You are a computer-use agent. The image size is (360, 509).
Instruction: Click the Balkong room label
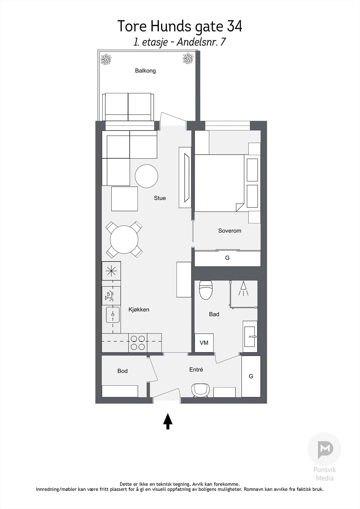coord(145,71)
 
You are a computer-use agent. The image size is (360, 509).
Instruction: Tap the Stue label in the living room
coord(160,198)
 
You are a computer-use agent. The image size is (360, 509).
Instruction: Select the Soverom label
coord(229,231)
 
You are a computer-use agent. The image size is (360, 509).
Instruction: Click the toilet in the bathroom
coord(206,290)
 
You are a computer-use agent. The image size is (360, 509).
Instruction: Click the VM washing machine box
coord(204,343)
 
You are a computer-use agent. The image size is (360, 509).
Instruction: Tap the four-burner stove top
coord(138,343)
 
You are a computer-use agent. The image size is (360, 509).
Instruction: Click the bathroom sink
coord(250,337)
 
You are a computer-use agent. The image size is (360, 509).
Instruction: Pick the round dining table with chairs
coord(124,239)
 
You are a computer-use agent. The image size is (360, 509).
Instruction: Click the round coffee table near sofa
coord(146,176)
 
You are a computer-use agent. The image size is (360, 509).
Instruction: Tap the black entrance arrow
coord(168,421)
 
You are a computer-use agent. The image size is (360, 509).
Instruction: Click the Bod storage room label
coord(122,371)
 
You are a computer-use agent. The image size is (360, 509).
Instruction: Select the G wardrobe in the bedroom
coord(227,258)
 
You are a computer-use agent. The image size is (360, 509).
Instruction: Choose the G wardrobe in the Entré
coord(251,376)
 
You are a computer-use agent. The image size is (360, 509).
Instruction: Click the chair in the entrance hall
coord(200,390)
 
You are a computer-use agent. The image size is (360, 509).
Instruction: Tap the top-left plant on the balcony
coord(105,59)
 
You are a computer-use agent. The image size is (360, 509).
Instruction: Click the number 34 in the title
coord(234,26)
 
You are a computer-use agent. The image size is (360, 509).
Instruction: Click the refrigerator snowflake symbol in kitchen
coord(111,271)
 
